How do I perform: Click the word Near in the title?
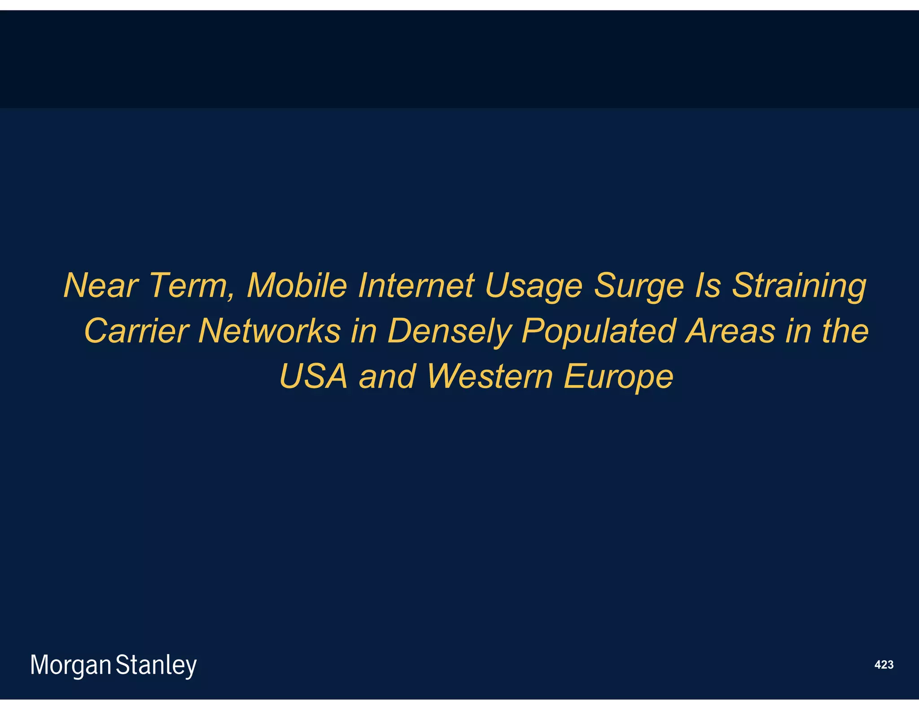101,285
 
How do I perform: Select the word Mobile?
297,285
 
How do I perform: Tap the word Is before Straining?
707,285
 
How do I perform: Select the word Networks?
269,331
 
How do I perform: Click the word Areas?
730,331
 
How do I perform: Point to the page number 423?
884,665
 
